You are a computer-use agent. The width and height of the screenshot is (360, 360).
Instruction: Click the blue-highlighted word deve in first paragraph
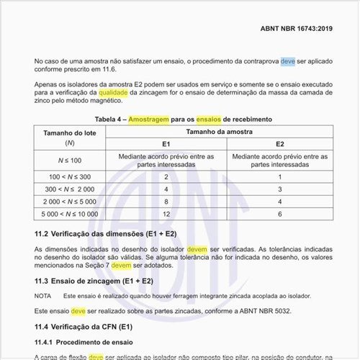coord(288,62)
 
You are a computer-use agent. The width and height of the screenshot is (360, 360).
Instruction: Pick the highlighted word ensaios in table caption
coord(208,117)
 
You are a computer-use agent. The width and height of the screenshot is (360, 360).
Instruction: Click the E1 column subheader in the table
coord(166,144)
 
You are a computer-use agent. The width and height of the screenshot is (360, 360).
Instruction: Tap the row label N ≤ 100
coord(69,159)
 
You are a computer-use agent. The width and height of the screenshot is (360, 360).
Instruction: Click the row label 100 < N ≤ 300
coord(70,176)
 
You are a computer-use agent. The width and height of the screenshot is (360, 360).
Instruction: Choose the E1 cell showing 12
coord(166,214)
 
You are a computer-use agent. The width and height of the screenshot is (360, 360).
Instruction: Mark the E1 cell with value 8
coord(166,201)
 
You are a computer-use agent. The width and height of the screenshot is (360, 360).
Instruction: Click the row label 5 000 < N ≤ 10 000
coord(70,214)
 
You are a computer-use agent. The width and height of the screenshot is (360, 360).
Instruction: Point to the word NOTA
coord(43,296)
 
